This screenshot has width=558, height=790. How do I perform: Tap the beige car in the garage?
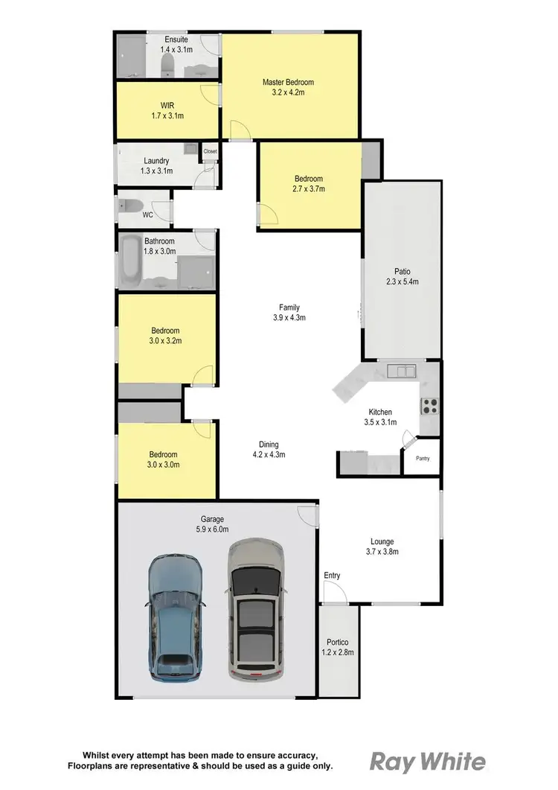pos(256,609)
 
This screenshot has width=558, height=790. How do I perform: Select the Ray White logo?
pos(428,762)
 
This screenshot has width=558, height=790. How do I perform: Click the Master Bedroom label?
pos(288,82)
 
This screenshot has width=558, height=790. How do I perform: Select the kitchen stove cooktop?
pos(431,406)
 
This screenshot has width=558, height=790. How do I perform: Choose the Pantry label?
pos(423,458)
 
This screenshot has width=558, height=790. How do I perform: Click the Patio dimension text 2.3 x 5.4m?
pos(402,281)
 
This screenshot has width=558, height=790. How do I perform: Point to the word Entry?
pos(332,576)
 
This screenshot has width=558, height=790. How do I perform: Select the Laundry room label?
pos(156,161)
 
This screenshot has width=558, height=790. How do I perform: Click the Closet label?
pos(210,151)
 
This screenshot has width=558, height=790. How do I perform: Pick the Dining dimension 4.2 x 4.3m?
pos(269,454)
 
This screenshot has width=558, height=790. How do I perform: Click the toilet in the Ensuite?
pos(168,64)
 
